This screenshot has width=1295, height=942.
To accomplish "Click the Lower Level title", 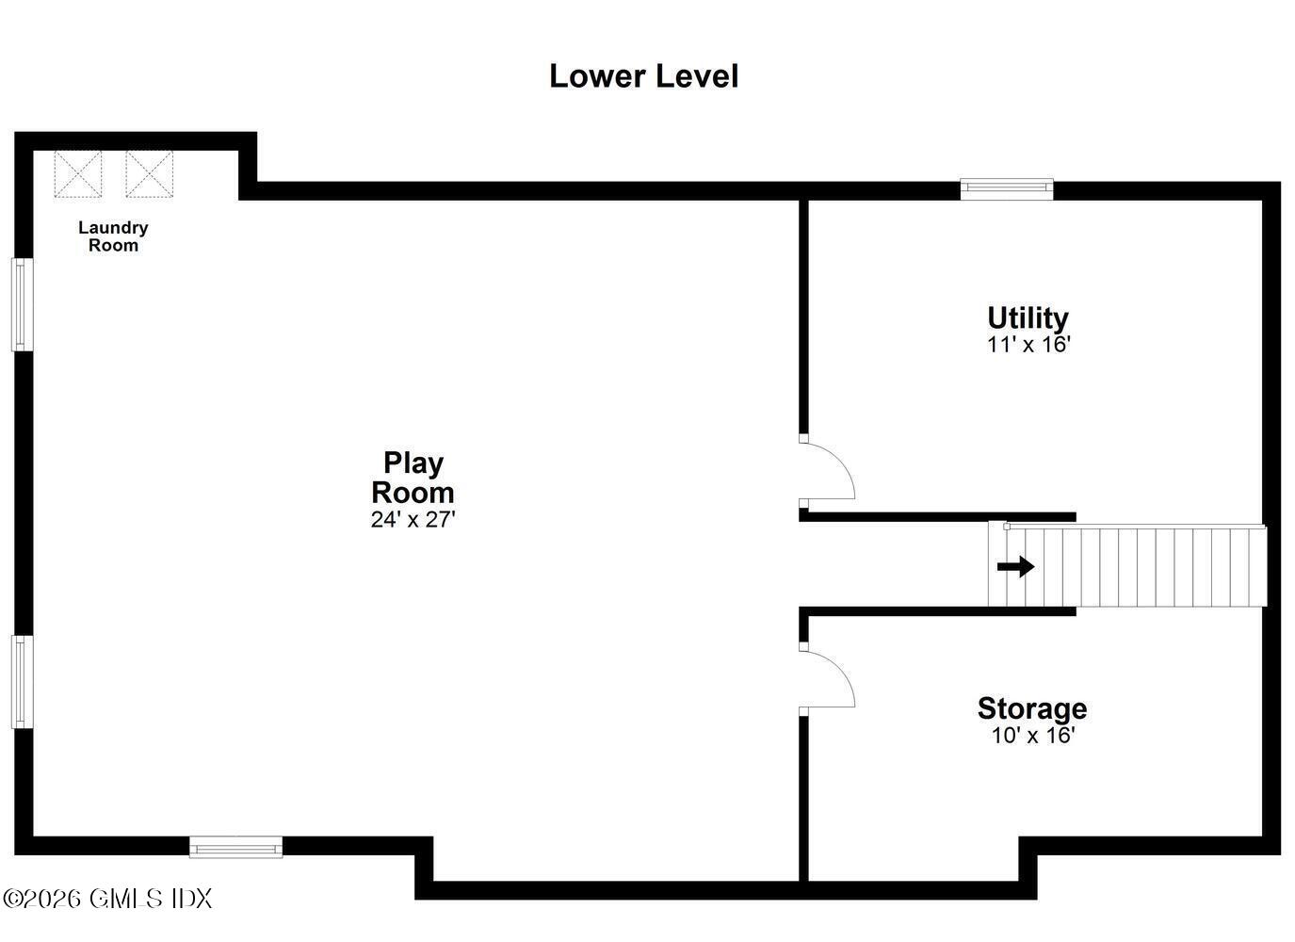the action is click(x=643, y=76).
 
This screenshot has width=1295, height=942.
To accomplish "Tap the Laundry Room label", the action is click(x=113, y=235).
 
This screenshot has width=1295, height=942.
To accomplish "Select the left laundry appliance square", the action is click(x=77, y=174).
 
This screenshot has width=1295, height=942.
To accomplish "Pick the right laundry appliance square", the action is click(x=149, y=174).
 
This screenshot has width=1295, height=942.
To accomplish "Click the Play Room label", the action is click(x=413, y=478).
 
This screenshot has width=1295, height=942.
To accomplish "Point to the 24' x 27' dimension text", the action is click(x=413, y=520).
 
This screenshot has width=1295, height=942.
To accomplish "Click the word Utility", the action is click(x=1028, y=318).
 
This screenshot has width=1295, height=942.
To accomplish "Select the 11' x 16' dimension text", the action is click(x=1029, y=345).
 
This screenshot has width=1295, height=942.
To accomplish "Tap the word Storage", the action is click(x=1032, y=708).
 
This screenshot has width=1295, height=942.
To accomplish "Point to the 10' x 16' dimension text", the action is click(x=1033, y=735).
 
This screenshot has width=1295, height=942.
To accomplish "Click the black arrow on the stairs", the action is click(x=1016, y=567).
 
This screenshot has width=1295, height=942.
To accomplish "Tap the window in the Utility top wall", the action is click(x=1007, y=188).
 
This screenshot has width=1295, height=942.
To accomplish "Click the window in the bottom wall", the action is click(x=235, y=847).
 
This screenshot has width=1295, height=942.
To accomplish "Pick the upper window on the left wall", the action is click(x=22, y=304).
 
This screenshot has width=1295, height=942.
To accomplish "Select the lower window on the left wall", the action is click(x=22, y=682).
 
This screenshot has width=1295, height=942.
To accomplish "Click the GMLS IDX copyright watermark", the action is click(x=107, y=899).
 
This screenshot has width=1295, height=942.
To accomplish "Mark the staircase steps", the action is click(x=1127, y=565).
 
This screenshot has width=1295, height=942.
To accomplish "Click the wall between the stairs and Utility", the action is click(x=937, y=517).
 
